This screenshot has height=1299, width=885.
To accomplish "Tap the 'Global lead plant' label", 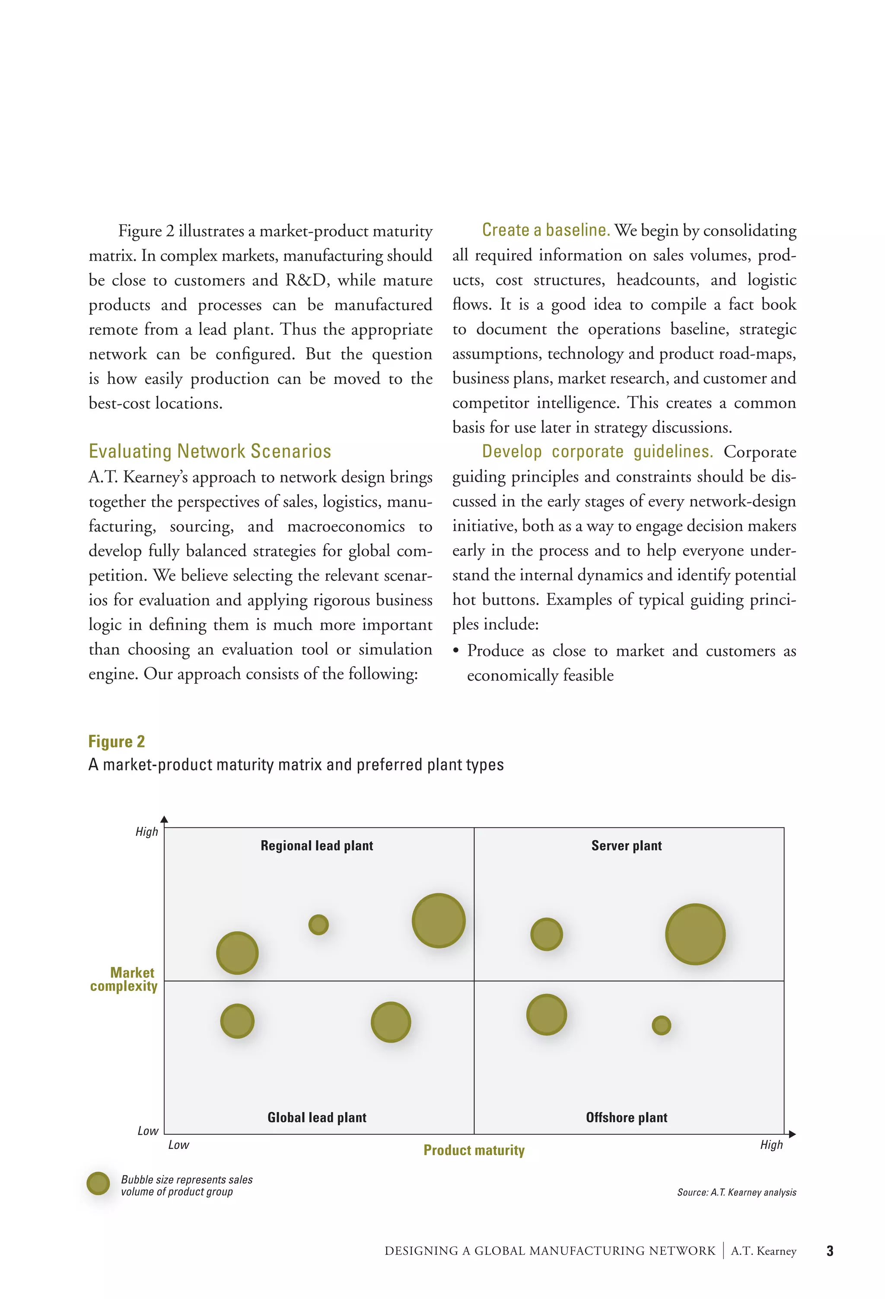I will (317, 1117).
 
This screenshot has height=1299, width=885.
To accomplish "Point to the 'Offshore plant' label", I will (626, 1117).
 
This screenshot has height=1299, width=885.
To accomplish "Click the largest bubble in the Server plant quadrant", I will (695, 934).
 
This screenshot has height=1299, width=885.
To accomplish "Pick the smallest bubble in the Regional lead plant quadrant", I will (318, 925).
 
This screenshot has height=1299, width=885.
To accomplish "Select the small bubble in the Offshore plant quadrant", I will (661, 1025).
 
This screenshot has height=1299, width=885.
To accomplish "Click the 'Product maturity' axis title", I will (474, 1150).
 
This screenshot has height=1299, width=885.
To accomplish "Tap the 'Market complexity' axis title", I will (124, 979).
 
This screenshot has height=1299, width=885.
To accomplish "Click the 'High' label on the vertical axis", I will (146, 832).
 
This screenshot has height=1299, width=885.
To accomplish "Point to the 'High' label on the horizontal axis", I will (771, 1145).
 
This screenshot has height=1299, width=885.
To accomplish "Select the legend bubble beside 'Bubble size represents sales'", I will (99, 1183).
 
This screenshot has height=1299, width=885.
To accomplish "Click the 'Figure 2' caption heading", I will (116, 741).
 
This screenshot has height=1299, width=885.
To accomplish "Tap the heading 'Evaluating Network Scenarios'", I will (210, 451).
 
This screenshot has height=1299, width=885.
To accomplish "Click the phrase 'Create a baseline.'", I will (545, 230).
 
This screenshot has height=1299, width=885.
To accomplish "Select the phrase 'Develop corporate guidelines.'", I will (597, 451).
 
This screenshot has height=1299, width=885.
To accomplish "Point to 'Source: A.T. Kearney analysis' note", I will (736, 1192).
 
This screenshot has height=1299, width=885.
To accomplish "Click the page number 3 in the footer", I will (830, 1251).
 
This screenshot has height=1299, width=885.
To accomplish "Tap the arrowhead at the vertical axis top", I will (164, 819).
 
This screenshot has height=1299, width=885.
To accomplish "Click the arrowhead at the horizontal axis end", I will (792, 1134).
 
